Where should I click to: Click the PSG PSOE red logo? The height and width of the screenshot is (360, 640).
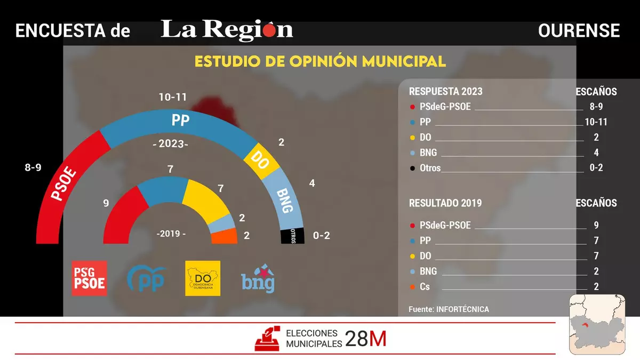coord(89,278)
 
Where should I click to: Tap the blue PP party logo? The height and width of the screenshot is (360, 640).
coord(146,278)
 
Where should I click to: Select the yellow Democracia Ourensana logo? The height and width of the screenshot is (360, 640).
coord(203,278)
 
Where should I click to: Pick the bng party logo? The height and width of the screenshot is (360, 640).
coord(258,278)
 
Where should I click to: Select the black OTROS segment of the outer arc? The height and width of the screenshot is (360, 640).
coord(293,235)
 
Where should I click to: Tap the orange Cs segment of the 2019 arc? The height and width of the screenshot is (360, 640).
coord(225,236)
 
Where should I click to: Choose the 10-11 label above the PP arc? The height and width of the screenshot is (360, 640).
coord(173,97)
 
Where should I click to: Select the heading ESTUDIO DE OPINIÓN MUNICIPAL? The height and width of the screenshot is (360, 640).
coord(320,61)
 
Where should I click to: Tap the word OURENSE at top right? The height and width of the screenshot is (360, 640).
coord(579,31)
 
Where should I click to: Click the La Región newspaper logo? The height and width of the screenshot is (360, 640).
coord(227,30)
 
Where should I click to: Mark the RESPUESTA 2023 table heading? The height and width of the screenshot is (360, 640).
coord(445,92)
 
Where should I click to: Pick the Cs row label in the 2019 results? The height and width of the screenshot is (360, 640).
coord(425,287)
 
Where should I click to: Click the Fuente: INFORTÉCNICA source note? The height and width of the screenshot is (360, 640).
coord(449,309)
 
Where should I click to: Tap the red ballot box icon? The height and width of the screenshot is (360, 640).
coord(268,338)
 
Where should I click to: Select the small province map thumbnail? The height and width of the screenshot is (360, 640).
coord(597,324)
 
